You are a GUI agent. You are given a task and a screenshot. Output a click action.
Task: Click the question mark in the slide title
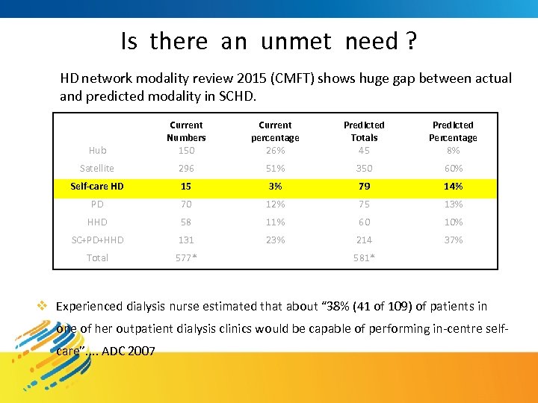point(411,42)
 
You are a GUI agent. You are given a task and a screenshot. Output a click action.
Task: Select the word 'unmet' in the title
point(295,42)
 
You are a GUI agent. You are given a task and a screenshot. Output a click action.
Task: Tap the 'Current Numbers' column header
point(186,131)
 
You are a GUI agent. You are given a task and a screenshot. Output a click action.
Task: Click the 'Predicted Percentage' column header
point(453,131)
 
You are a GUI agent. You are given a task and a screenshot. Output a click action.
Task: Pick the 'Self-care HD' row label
point(97,187)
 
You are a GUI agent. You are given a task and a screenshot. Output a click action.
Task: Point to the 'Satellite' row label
point(97,169)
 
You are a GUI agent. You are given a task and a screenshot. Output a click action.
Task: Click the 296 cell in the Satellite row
point(186,169)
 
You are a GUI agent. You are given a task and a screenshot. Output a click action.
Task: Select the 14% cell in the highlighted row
point(453,187)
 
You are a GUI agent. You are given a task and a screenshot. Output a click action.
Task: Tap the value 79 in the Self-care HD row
point(364,187)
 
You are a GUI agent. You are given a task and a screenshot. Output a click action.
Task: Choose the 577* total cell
point(186,258)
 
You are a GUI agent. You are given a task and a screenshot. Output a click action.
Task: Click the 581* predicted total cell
point(364,258)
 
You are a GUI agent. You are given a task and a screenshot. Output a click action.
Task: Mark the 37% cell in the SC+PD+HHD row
point(453,240)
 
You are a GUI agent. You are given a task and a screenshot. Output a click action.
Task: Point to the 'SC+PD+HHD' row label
point(97,240)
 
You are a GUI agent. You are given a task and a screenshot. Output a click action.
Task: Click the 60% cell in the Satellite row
point(453,169)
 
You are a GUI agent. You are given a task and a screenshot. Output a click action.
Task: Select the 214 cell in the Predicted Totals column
point(364,240)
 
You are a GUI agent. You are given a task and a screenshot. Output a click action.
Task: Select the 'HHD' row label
point(97,222)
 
